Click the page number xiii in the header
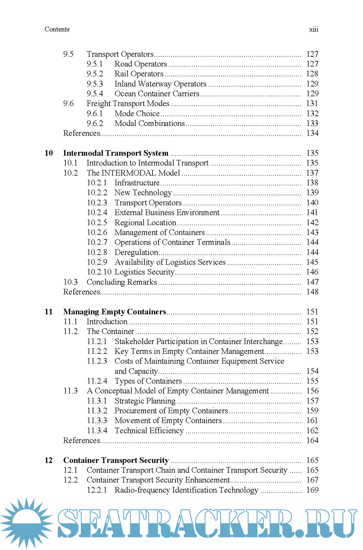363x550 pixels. [313, 29]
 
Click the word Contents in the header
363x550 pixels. [57, 29]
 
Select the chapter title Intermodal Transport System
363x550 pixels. [116, 153]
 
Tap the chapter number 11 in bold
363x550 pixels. [48, 312]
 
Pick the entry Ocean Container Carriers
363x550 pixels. [157, 94]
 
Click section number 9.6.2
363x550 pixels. [95, 123]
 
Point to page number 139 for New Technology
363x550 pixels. [312, 193]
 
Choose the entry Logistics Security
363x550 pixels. [144, 272]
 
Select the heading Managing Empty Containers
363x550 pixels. [114, 312]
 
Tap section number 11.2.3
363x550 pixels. [97, 361]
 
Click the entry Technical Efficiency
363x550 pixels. [149, 431]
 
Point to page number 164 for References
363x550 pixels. [312, 440]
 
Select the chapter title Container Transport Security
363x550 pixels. [116, 460]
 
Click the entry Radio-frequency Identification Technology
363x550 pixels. [186, 490]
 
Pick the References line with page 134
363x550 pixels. [82, 133]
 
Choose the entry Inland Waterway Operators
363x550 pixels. [160, 84]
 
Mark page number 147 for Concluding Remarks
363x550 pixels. [312, 282]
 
